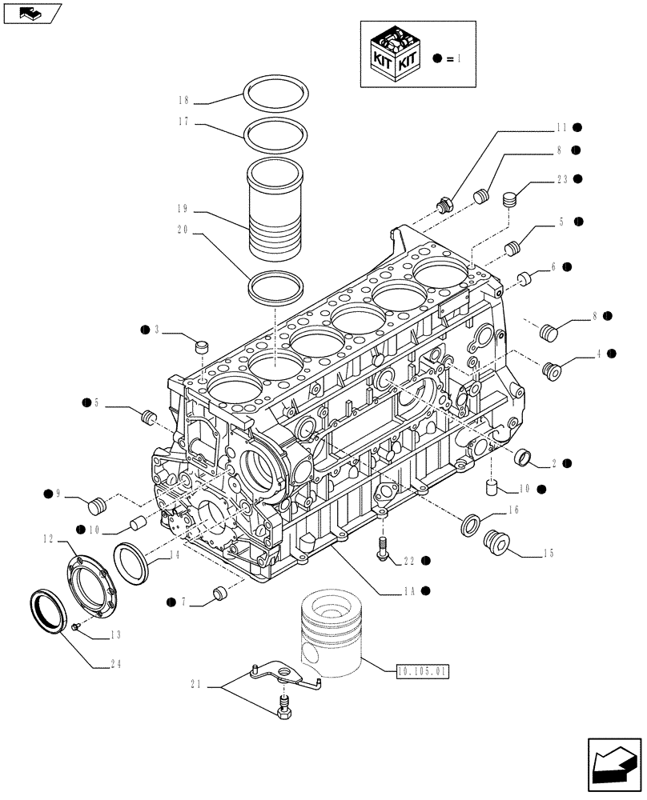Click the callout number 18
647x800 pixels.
[183, 101]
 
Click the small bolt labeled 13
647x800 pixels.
[75, 626]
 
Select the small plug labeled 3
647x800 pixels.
[201, 346]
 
